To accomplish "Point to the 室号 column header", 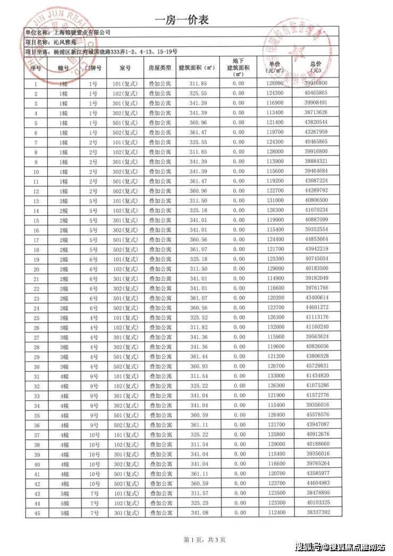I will point(125,68).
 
